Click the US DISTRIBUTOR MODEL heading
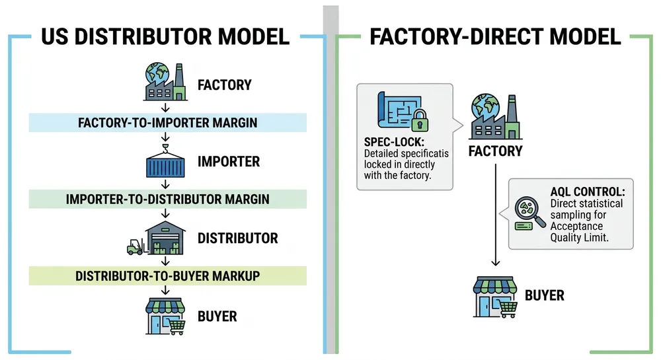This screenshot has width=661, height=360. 165,36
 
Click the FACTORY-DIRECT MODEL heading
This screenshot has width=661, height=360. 495,36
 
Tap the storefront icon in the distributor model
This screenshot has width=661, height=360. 165,316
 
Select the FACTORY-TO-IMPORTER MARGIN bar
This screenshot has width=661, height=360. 167,122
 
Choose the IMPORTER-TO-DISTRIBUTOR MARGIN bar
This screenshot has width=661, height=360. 167,199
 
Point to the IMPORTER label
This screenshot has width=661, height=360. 229,162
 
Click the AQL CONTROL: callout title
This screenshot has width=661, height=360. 588,192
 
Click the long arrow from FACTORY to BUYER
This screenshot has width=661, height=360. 495,218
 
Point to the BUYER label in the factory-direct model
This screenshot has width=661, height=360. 545,295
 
